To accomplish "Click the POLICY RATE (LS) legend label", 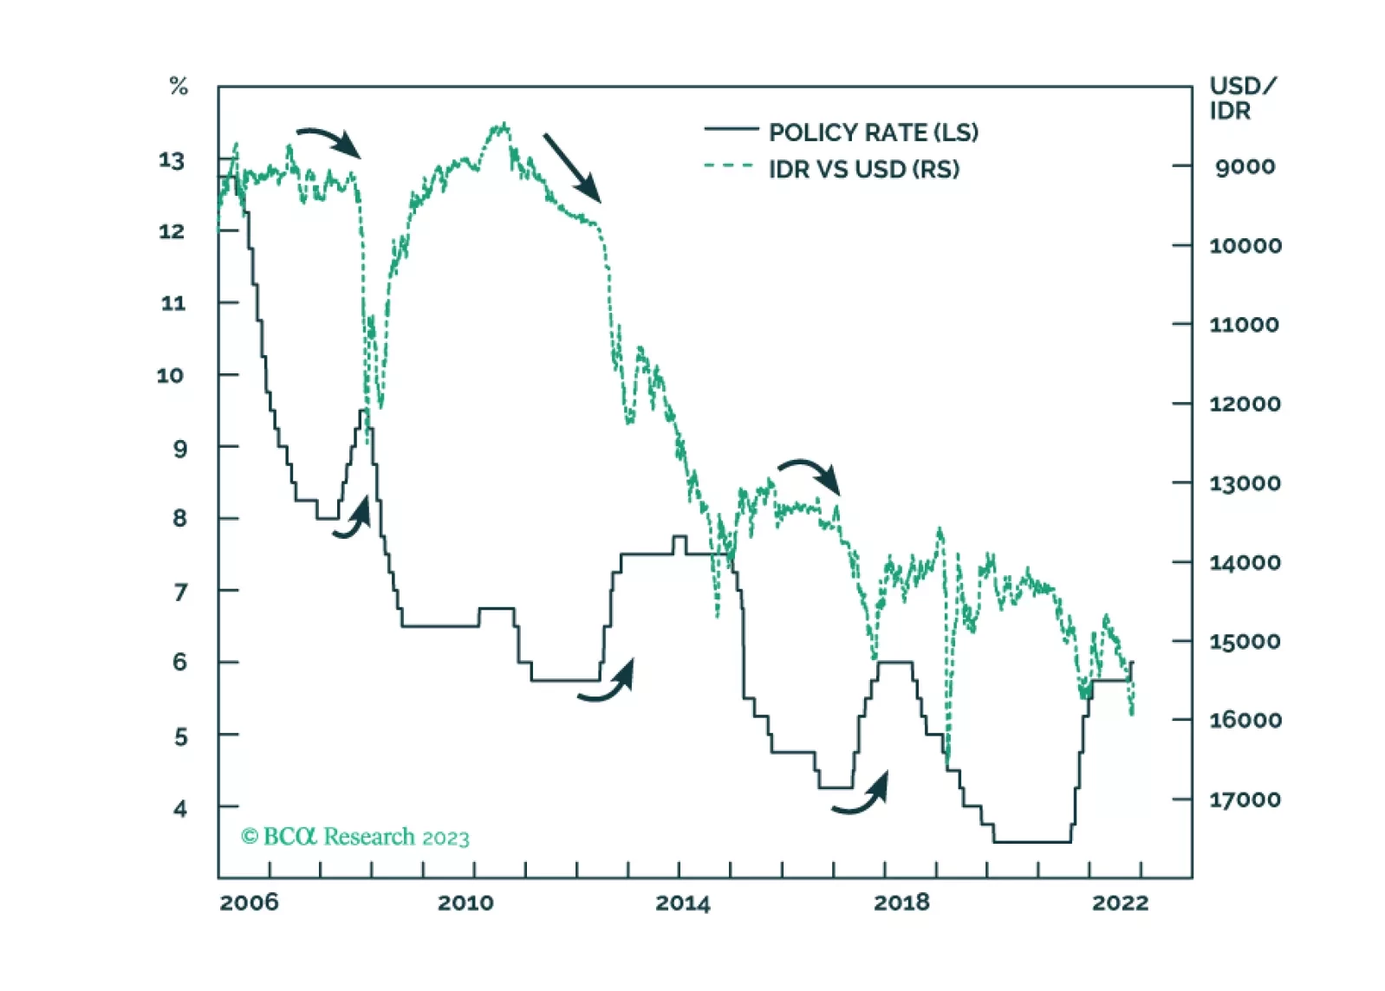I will (x=873, y=133).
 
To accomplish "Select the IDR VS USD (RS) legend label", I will (x=863, y=169).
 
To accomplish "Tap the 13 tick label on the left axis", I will (x=172, y=161).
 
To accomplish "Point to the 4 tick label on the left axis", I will (x=179, y=809).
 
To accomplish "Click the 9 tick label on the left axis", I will (x=179, y=449).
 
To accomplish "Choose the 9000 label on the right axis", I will (x=1245, y=166).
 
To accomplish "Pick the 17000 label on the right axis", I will (x=1245, y=800).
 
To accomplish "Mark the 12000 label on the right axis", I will (x=1245, y=404).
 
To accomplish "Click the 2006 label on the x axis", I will (x=249, y=903).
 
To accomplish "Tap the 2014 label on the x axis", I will (x=682, y=904).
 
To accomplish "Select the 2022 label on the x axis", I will (x=1120, y=903).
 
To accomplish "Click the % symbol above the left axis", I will (x=179, y=87).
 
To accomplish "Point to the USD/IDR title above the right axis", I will (x=1241, y=98).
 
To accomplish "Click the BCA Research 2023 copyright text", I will (x=355, y=837).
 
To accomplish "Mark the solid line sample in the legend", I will (x=731, y=130).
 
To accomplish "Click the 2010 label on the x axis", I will (x=465, y=903).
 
